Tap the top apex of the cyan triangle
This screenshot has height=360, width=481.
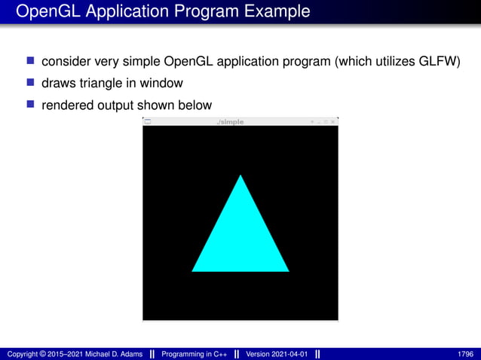click(x=240, y=176)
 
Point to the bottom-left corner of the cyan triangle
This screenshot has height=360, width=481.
click(x=193, y=270)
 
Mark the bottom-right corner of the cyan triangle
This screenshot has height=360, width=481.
click(x=288, y=270)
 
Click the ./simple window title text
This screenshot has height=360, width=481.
click(x=230, y=122)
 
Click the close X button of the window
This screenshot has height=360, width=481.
click(x=333, y=122)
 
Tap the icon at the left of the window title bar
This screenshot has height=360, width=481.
click(x=148, y=122)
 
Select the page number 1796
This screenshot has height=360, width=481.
click(x=465, y=354)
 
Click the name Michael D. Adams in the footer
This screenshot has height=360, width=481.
click(x=106, y=354)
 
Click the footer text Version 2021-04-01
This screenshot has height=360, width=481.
click(x=277, y=354)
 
